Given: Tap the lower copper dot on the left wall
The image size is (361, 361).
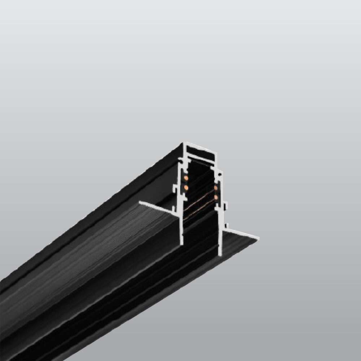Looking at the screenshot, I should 186,188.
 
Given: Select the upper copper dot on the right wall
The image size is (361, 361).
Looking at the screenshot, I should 216,188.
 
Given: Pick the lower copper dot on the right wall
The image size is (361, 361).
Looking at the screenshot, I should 216,197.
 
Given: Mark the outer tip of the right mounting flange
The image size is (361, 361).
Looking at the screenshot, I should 258,238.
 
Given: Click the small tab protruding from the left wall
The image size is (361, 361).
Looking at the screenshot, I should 175,188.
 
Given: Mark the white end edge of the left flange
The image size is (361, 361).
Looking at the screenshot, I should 159,209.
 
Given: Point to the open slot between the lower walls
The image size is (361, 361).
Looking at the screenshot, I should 201,231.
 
